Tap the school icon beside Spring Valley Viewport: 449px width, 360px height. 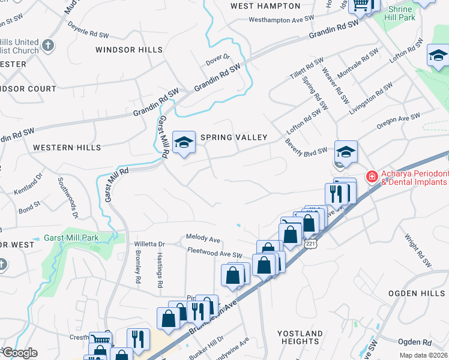pyautogui.click(x=184, y=142)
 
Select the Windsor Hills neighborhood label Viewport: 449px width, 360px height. pyautogui.click(x=128, y=50)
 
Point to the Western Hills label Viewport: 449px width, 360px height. pyautogui.click(x=62, y=147)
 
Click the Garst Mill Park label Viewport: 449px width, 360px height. pyautogui.click(x=71, y=238)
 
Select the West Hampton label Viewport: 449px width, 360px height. pyautogui.click(x=265, y=6)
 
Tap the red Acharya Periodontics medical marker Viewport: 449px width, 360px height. pyautogui.click(x=372, y=176)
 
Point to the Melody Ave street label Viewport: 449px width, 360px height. pyautogui.click(x=203, y=238)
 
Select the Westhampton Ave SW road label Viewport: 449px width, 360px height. pyautogui.click(x=282, y=19)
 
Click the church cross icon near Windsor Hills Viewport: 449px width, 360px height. pyautogui.click(x=49, y=44)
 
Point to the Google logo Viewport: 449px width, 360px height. pyautogui.click(x=19, y=353)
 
